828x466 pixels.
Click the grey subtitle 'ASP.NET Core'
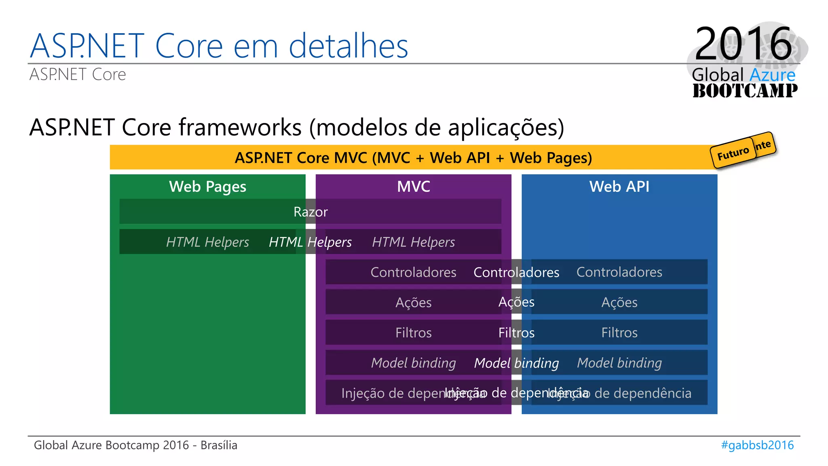[78, 74]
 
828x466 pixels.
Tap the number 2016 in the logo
[743, 44]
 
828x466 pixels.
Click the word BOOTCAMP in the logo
[745, 91]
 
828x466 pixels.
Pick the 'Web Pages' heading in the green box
[207, 186]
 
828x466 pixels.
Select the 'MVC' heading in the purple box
[413, 186]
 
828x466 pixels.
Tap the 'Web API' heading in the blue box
[619, 186]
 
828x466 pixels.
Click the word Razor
[310, 212]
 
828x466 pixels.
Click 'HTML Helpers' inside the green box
[207, 242]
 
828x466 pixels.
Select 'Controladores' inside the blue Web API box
[619, 272]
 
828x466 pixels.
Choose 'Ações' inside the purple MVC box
[413, 302]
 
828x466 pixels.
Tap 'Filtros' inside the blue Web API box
[619, 333]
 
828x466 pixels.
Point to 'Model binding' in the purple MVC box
[413, 363]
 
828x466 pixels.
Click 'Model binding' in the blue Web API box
[619, 363]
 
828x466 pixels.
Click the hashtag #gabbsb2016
[757, 445]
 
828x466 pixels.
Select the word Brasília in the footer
[219, 445]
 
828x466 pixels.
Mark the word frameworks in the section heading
[240, 127]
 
